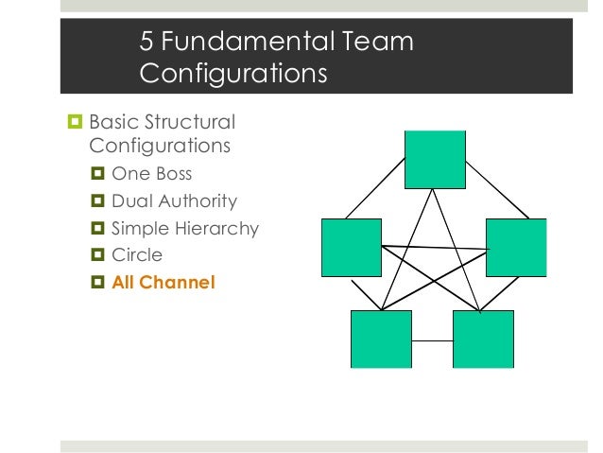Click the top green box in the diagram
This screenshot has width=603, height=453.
(x=435, y=159)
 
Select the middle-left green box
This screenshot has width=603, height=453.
(x=351, y=247)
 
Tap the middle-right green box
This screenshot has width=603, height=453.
(x=516, y=247)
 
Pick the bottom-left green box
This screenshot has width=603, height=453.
(x=380, y=339)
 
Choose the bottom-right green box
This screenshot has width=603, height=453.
(x=483, y=339)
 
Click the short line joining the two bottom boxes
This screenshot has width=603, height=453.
(x=431, y=340)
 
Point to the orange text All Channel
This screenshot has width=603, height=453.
(x=164, y=281)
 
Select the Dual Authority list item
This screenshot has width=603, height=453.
(x=174, y=201)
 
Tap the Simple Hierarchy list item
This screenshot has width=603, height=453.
(x=184, y=228)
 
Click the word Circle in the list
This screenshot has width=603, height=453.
(x=137, y=254)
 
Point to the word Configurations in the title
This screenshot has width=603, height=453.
(x=233, y=73)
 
